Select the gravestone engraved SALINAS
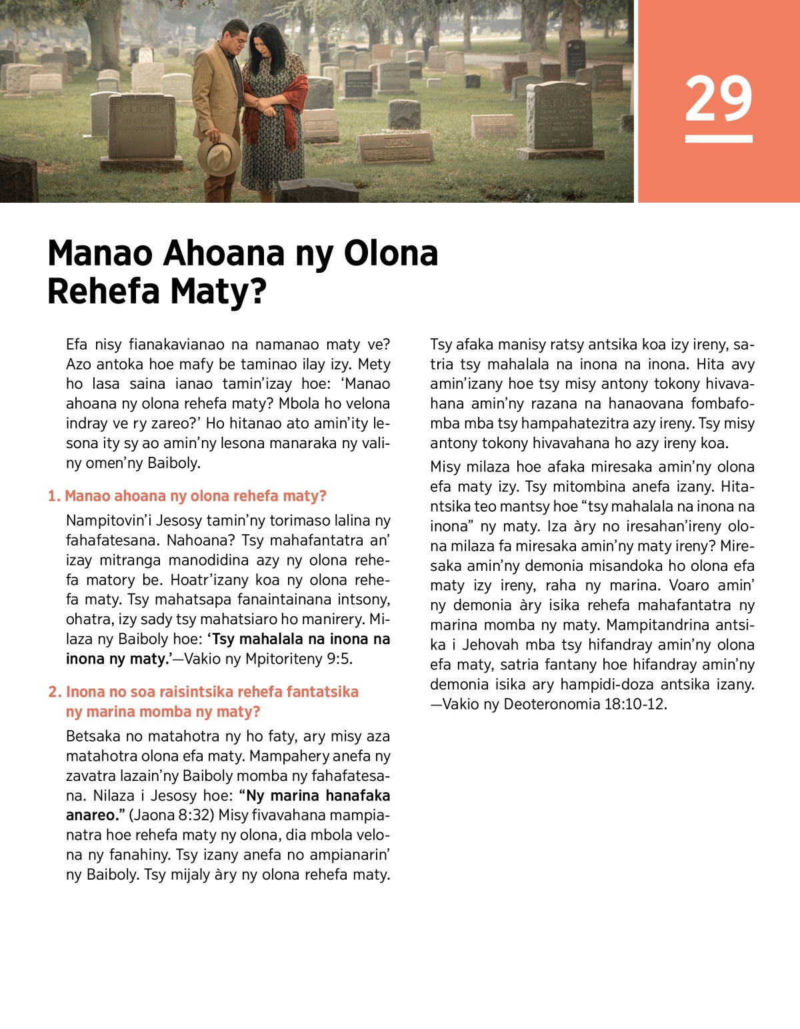click(x=559, y=115)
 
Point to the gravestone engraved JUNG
click(x=396, y=147)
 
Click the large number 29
click(x=718, y=99)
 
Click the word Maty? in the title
click(x=218, y=291)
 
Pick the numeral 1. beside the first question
click(x=54, y=496)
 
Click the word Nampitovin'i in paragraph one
click(x=109, y=521)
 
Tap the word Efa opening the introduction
click(x=77, y=344)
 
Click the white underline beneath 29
click(x=718, y=139)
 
